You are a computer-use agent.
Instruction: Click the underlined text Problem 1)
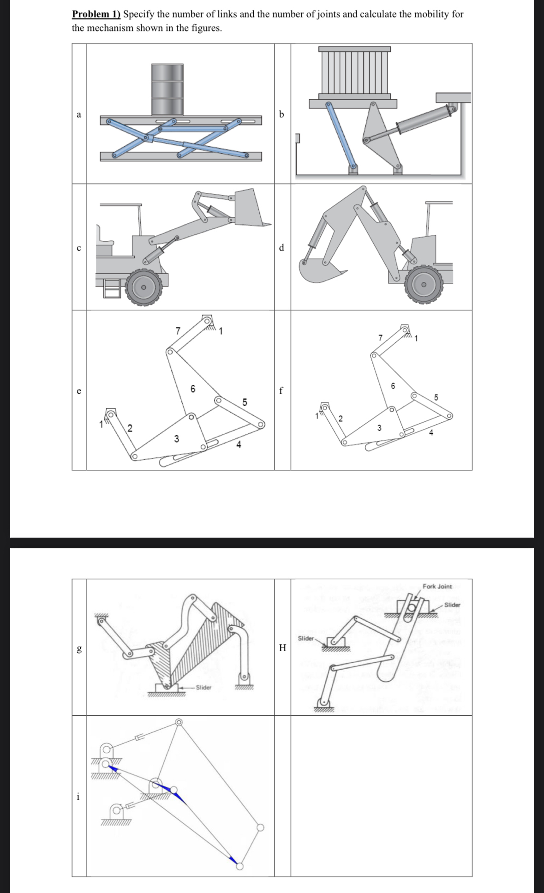click(x=96, y=14)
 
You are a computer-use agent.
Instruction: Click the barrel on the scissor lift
click(x=167, y=89)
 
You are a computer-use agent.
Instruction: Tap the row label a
click(x=79, y=115)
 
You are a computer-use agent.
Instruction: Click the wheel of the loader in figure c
click(x=144, y=287)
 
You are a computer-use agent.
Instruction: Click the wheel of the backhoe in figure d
click(x=423, y=284)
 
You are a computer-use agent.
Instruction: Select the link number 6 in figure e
click(x=193, y=389)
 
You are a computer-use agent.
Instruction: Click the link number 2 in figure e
click(x=130, y=428)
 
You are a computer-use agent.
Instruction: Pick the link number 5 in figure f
click(x=436, y=397)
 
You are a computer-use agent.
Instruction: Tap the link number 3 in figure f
click(x=379, y=428)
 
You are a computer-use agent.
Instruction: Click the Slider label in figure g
click(x=203, y=687)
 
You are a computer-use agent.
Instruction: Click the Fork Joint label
click(x=437, y=586)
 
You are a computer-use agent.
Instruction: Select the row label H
click(x=282, y=648)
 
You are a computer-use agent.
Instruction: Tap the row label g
click(x=79, y=648)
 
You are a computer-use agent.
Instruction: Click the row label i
click(x=78, y=796)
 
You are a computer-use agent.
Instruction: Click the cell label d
click(x=282, y=247)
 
